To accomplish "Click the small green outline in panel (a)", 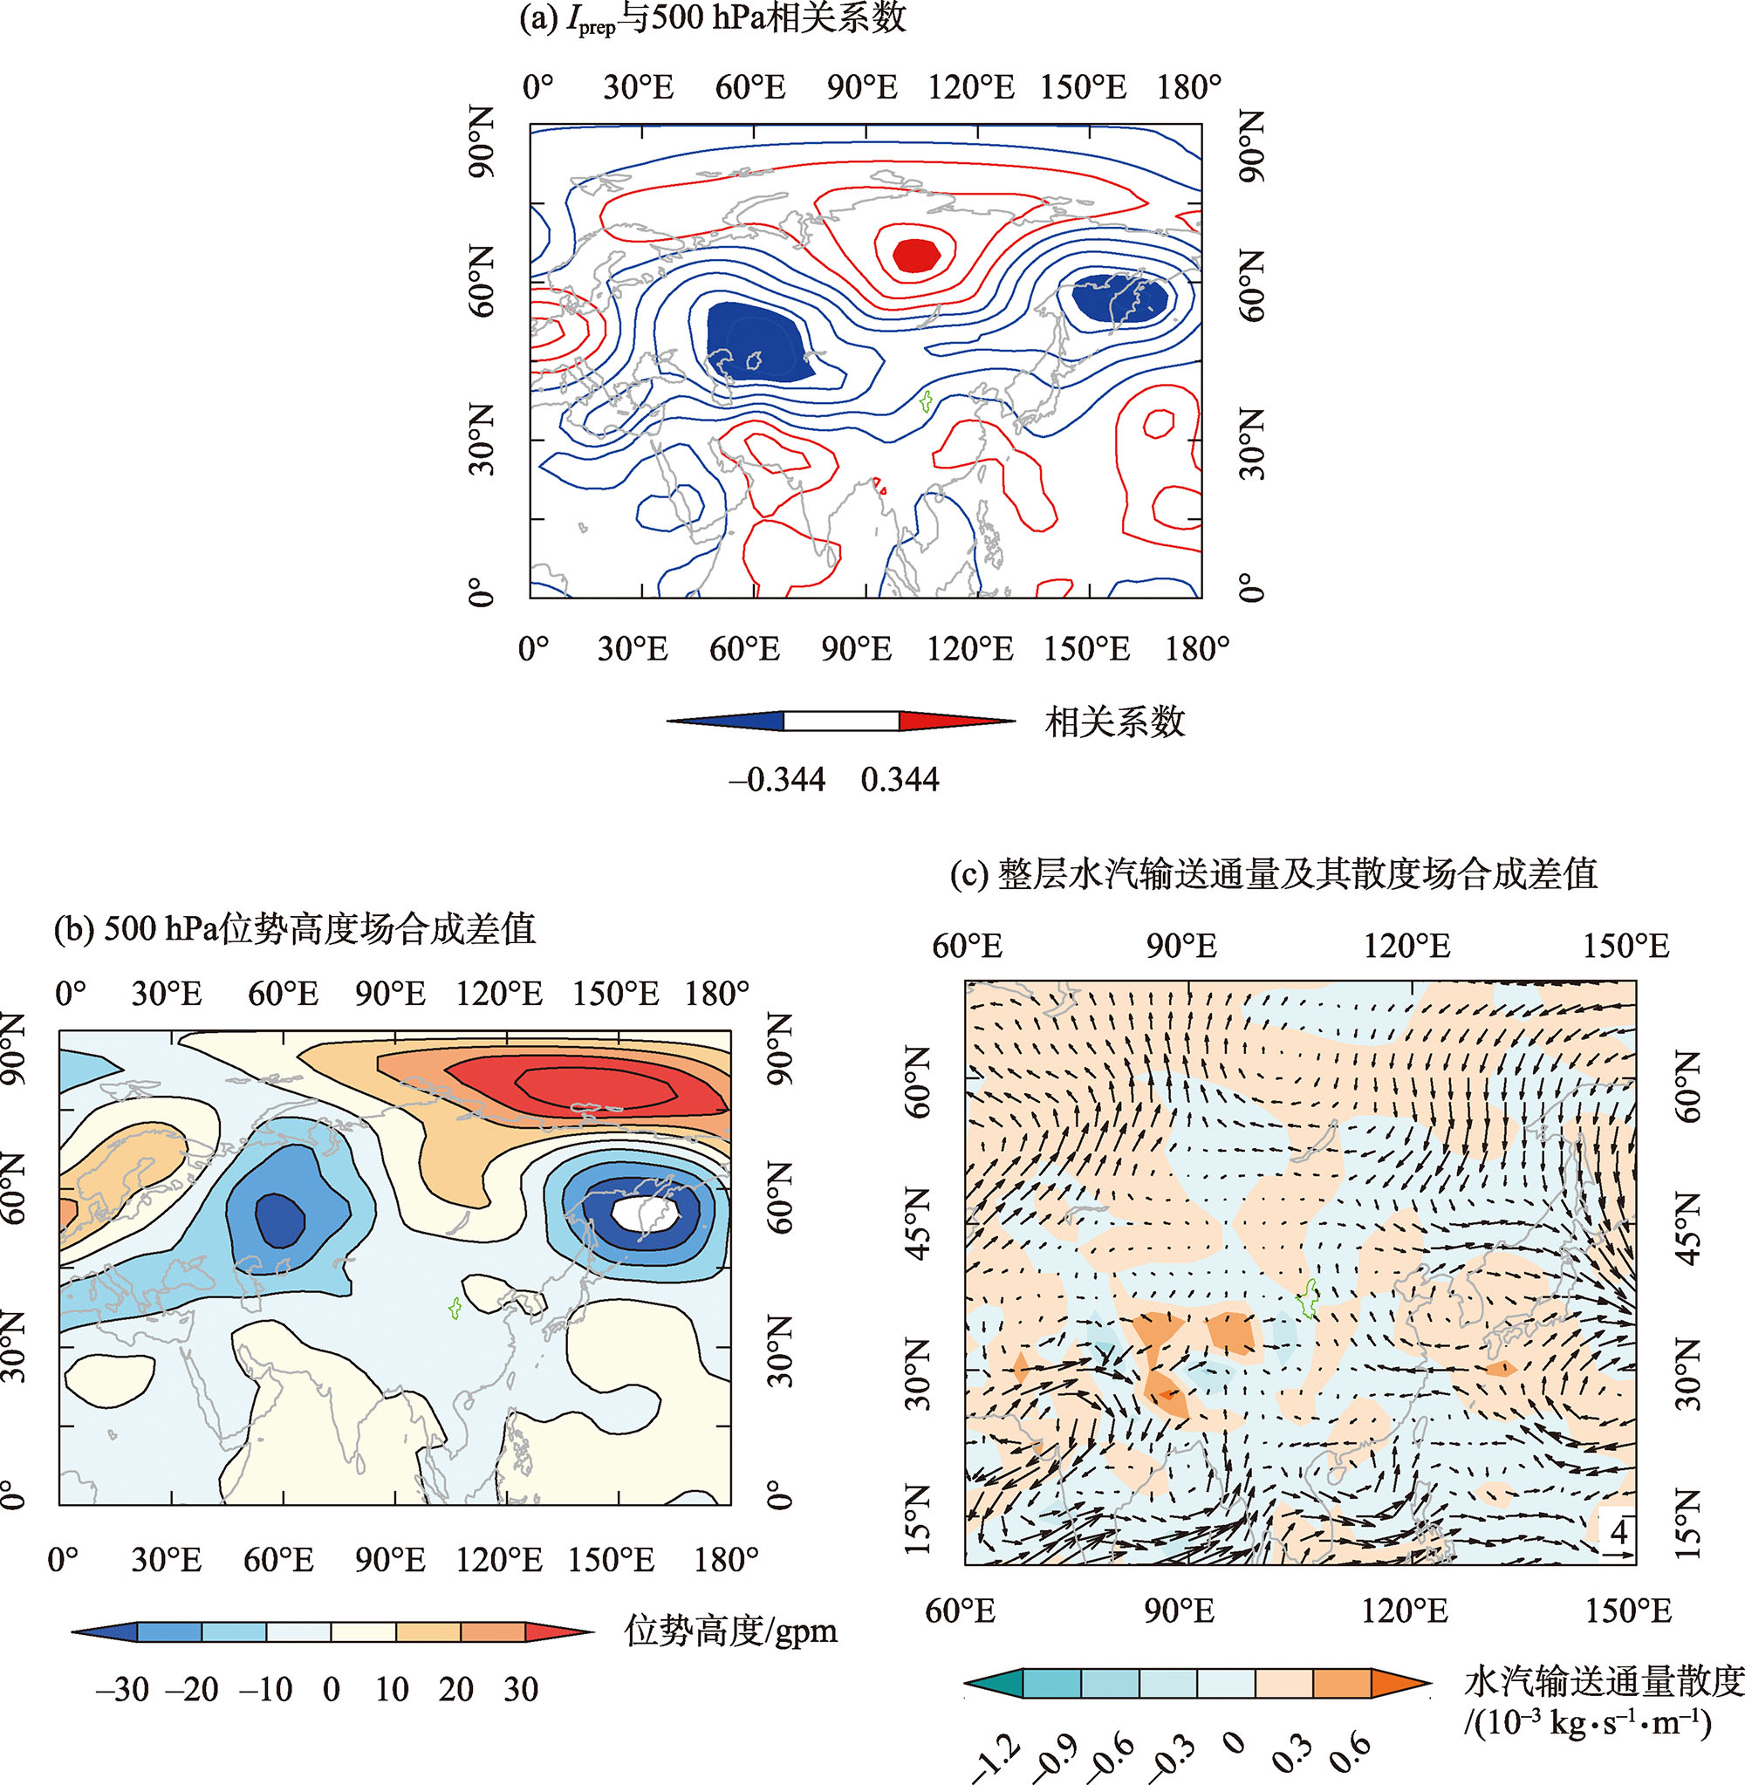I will tap(926, 400).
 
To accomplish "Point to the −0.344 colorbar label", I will tap(777, 780).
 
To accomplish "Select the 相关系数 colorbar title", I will tap(1114, 723).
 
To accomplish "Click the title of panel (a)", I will tap(712, 18).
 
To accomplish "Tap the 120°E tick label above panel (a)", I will tap(970, 88).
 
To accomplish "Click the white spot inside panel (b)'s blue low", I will tap(645, 1214).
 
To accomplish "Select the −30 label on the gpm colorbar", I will tap(122, 1689).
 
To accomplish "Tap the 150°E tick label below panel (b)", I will tap(612, 1560).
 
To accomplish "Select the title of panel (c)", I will tap(1273, 873).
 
